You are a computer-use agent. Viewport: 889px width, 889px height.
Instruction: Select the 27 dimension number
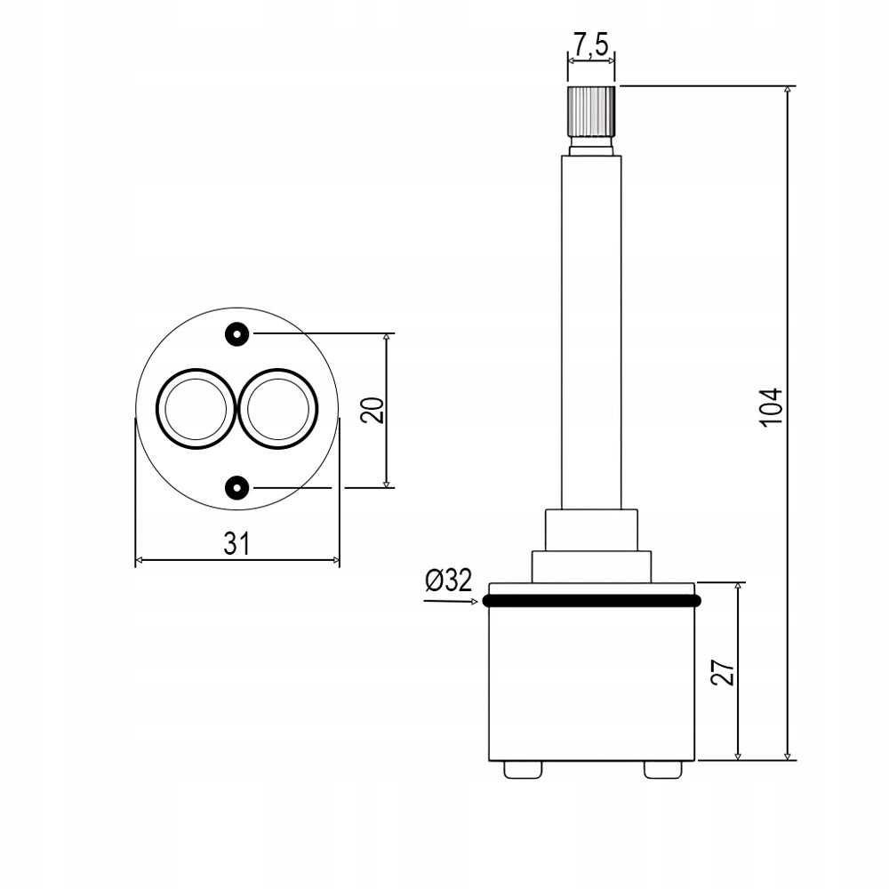click(723, 672)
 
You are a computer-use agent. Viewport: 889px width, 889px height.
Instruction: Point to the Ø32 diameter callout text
click(448, 580)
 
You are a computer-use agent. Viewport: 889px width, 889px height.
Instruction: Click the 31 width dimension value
click(236, 544)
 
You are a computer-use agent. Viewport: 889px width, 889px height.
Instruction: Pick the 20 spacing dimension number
click(372, 410)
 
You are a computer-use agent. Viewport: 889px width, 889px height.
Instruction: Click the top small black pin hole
click(237, 334)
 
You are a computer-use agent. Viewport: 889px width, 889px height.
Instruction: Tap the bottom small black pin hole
click(237, 487)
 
